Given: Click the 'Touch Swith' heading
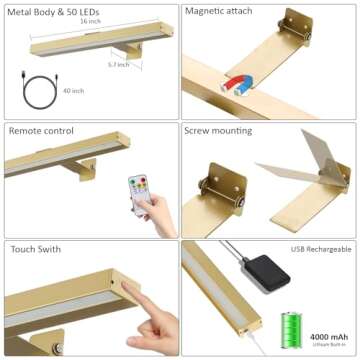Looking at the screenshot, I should (33, 248).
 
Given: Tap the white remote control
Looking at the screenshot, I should (138, 190).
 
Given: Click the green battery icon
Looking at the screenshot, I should (292, 328).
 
